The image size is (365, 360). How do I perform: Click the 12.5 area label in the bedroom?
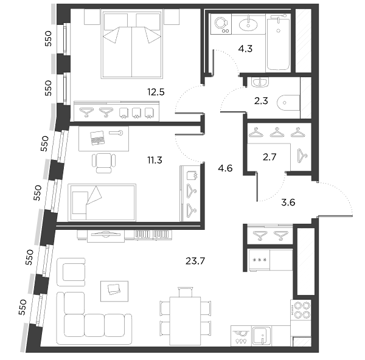pyautogui.click(x=156, y=92)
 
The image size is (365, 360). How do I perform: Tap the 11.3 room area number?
pyautogui.click(x=155, y=160)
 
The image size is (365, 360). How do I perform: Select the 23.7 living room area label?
pyautogui.click(x=195, y=261)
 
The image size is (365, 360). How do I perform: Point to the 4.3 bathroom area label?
pyautogui.click(x=245, y=49)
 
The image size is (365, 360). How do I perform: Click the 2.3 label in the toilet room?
pyautogui.click(x=261, y=101)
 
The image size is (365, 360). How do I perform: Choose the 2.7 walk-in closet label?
pyautogui.click(x=269, y=157)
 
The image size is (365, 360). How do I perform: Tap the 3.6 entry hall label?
pyautogui.click(x=288, y=202)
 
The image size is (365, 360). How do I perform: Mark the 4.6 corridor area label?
pyautogui.click(x=225, y=168)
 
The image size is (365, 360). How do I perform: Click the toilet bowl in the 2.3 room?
pyautogui.click(x=288, y=103)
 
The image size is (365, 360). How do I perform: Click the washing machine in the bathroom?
pyautogui.click(x=221, y=24)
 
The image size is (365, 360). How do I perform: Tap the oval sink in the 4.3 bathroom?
pyautogui.click(x=248, y=24)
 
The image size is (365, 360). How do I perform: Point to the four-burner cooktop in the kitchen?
pyautogui.click(x=301, y=310)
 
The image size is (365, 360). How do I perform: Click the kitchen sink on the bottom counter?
pyautogui.click(x=262, y=336)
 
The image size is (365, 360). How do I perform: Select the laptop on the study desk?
pyautogui.click(x=97, y=138)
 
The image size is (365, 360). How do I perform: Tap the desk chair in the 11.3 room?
pyautogui.click(x=104, y=163)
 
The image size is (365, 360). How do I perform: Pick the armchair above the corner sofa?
pyautogui.click(x=71, y=272)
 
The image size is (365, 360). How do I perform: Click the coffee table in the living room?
pyautogui.click(x=114, y=291)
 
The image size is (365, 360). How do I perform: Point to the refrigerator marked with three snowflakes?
pyautogui.click(x=270, y=260)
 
